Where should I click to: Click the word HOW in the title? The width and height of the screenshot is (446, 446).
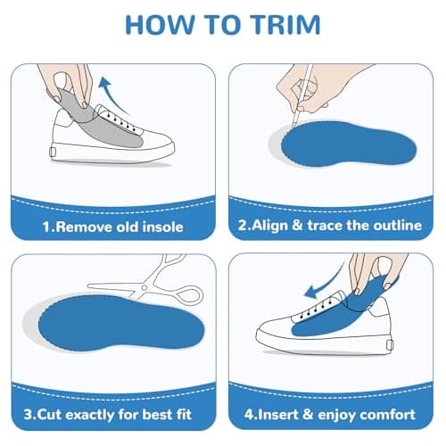(161, 25)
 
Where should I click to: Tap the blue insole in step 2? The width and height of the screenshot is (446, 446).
(349, 145)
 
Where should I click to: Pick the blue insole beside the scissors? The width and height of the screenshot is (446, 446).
(121, 323)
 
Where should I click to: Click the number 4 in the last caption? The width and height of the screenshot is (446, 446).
(248, 415)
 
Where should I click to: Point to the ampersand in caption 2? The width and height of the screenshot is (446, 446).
(297, 225)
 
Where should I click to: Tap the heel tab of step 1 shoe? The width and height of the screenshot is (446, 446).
(53, 152)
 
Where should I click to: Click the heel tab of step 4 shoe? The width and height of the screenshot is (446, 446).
(391, 345)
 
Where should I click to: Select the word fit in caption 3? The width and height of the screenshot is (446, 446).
(184, 414)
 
